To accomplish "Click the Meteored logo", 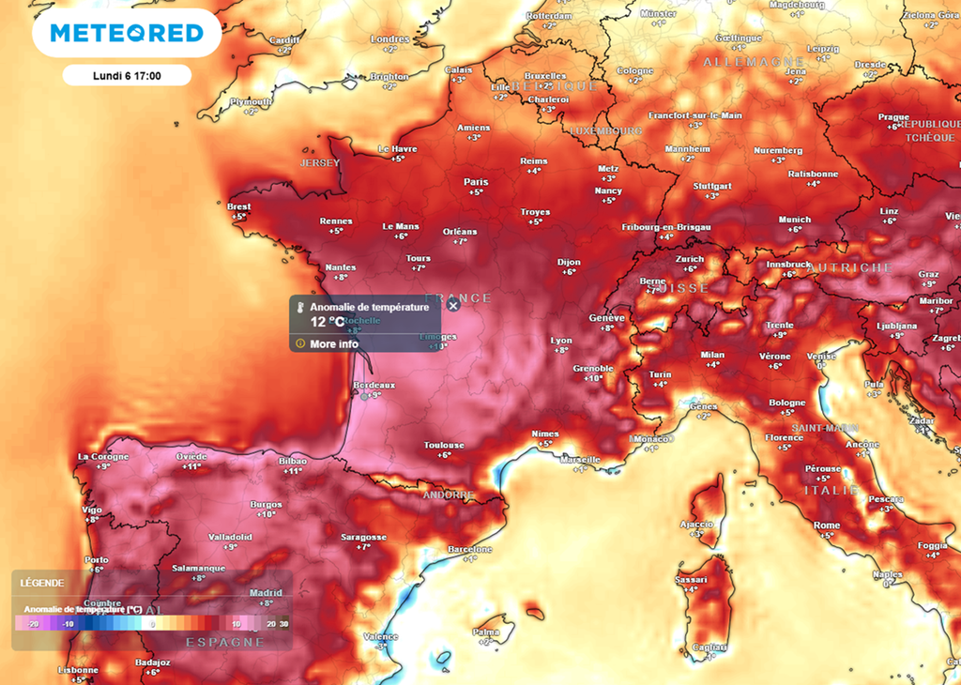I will [127, 34].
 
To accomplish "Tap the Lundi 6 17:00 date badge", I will [127, 76].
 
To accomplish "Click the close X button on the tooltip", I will [453, 305].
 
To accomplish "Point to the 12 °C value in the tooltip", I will [328, 321].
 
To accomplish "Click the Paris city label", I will [476, 182].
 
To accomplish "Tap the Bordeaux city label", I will [374, 385].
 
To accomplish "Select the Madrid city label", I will [266, 592].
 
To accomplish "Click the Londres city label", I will [389, 39].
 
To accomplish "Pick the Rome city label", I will [826, 525].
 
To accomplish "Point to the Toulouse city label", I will [444, 445].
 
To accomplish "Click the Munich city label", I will [794, 220].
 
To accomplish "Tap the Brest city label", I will [238, 206].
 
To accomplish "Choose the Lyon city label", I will [560, 341].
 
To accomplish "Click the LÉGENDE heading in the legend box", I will [42, 583].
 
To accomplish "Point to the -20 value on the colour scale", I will [32, 623].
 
